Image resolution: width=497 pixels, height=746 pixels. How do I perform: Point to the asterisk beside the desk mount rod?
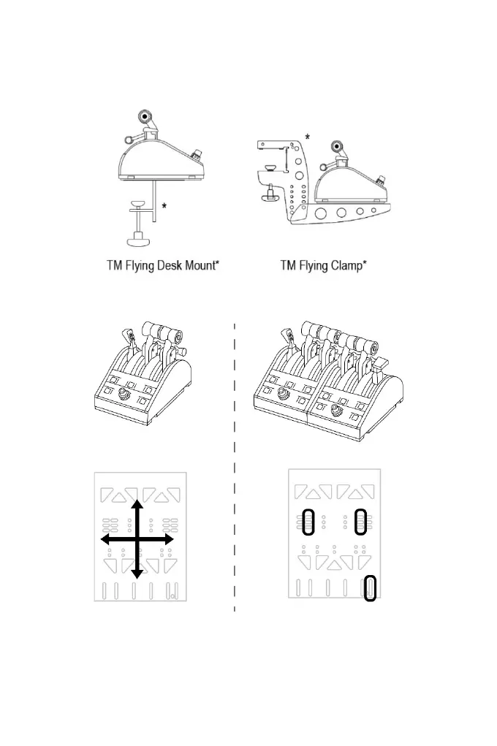click(164, 207)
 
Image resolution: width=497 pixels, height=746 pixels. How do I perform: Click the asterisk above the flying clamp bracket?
click(307, 137)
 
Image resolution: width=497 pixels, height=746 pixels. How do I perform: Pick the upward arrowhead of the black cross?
click(136, 506)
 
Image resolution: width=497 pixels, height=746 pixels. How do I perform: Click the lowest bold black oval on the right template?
click(370, 587)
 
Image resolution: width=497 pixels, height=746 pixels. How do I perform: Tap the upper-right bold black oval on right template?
click(359, 522)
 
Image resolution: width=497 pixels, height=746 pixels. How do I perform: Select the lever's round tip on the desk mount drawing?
click(146, 115)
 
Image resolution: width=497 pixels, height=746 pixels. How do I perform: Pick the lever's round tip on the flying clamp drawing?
click(337, 146)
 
